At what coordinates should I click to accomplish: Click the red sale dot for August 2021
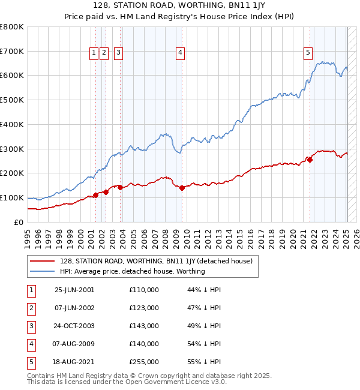(310, 159)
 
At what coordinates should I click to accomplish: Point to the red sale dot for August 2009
(182, 188)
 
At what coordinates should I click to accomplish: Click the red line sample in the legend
(42, 261)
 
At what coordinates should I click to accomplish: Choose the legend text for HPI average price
(133, 271)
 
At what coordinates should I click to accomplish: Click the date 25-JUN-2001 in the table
(74, 290)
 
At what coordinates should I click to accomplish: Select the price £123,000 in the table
(144, 308)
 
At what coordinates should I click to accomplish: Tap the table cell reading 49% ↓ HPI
(204, 326)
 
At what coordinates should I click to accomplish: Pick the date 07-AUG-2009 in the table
(74, 344)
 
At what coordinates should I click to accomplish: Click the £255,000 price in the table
(144, 362)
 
